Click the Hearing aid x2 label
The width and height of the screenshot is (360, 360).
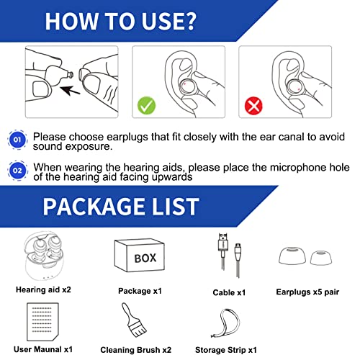45,290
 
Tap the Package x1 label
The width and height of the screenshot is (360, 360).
141,292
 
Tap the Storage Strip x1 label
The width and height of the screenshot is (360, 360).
232,349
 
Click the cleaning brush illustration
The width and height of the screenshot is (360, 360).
132,321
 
